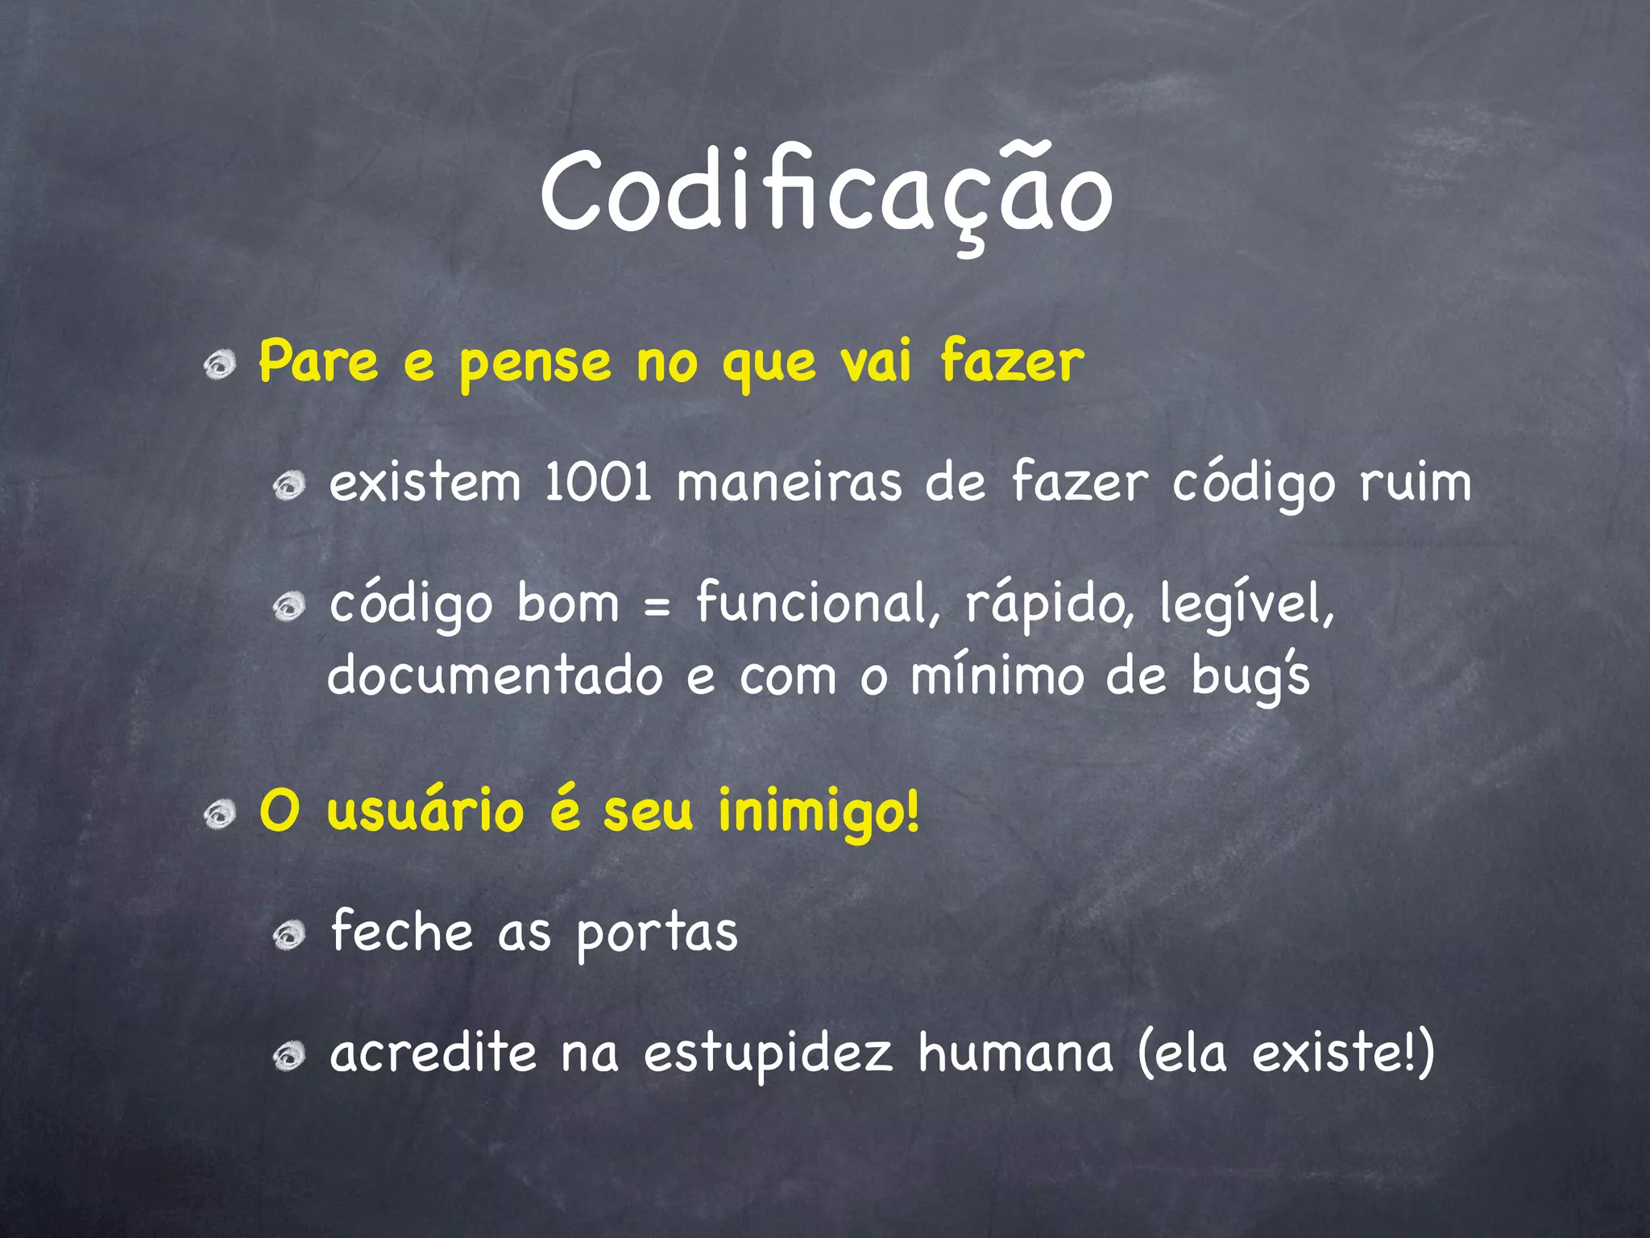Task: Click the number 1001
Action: click(x=598, y=484)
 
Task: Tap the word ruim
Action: click(x=1416, y=484)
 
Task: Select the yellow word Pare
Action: click(x=318, y=363)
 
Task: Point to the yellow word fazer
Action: click(x=1012, y=363)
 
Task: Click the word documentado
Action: click(x=495, y=675)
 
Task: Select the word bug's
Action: click(x=1250, y=677)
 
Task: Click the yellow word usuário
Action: click(x=425, y=811)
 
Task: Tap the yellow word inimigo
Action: click(x=818, y=812)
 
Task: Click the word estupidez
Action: click(x=769, y=1054)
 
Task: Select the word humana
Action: click(x=1015, y=1053)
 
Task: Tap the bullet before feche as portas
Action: click(x=288, y=936)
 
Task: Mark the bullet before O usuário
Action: click(x=219, y=815)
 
